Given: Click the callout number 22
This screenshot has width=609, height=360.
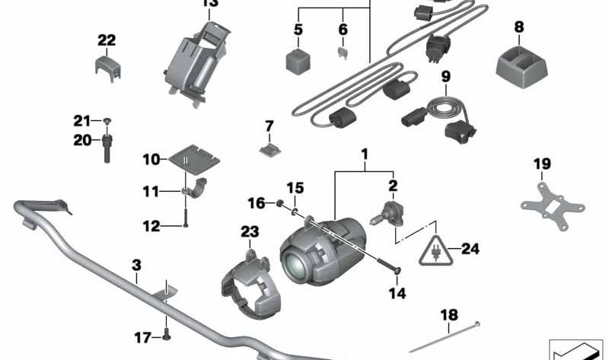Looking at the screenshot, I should [107, 40].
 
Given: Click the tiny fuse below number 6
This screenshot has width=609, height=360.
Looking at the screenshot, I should [343, 54].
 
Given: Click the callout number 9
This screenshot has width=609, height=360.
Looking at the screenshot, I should [445, 76].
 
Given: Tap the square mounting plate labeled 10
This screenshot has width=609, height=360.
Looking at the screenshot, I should [192, 161].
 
